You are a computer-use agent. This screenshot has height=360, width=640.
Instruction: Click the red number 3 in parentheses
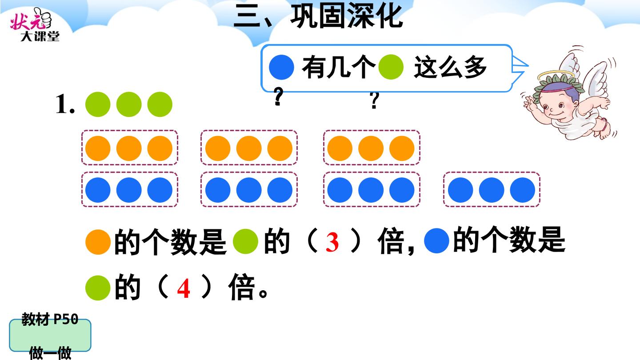332,242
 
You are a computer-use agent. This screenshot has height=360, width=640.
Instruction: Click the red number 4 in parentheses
184,288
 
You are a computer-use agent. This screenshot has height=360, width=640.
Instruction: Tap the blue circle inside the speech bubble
281,67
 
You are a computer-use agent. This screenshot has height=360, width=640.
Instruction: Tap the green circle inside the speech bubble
391,67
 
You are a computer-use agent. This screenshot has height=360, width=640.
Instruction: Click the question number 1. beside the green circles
65,104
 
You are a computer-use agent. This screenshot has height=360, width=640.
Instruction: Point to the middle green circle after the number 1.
129,104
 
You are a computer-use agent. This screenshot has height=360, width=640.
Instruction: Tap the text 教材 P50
50,319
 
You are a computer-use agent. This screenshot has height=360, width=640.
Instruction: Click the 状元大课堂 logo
35,24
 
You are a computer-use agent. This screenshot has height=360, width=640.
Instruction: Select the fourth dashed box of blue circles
492,189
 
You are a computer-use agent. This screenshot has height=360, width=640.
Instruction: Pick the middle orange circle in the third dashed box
371,148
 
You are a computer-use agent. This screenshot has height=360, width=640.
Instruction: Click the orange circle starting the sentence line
98,242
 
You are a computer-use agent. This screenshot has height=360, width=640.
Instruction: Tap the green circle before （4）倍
98,288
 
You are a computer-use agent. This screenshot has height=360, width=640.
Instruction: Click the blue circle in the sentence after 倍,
436,240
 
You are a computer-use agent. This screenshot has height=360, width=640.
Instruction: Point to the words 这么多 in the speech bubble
450,68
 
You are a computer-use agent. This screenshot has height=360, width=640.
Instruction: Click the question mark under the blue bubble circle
279,96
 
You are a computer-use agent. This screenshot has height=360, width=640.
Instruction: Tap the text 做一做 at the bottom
50,353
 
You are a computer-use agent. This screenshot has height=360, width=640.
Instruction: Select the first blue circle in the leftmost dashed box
98,190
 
